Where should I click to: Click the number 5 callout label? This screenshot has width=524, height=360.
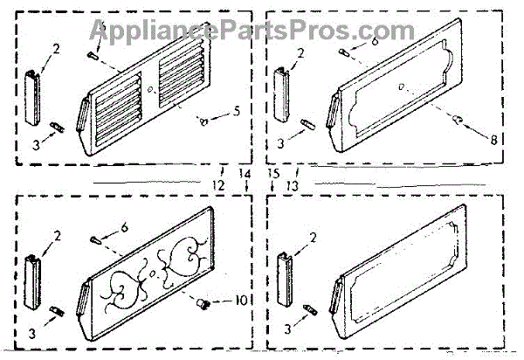pyautogui.click(x=235, y=111)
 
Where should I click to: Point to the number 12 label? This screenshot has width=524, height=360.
pyautogui.click(x=218, y=186)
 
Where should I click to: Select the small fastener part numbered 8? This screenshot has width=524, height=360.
pyautogui.click(x=458, y=117)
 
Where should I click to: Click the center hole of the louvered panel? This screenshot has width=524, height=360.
pyautogui.click(x=151, y=89)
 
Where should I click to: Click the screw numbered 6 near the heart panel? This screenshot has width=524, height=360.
pyautogui.click(x=94, y=238)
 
